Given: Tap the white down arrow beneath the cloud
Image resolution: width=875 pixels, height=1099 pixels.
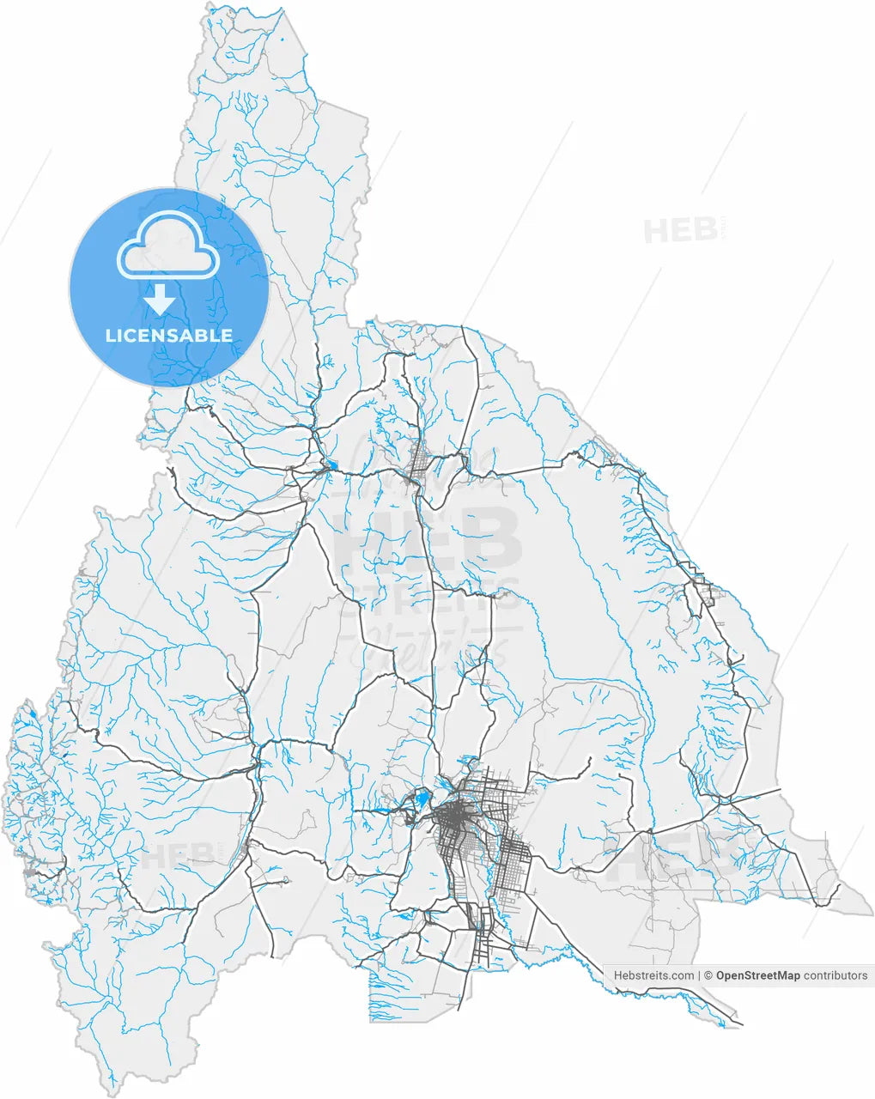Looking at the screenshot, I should pyautogui.click(x=160, y=301).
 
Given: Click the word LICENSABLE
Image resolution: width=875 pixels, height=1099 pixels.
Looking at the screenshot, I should pyautogui.click(x=169, y=336).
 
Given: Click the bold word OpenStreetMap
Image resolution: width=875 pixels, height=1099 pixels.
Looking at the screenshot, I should pyautogui.click(x=758, y=975).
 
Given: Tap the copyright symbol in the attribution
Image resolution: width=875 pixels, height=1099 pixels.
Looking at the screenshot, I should pyautogui.click(x=708, y=975).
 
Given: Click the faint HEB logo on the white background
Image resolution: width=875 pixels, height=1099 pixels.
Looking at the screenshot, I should pyautogui.click(x=681, y=230).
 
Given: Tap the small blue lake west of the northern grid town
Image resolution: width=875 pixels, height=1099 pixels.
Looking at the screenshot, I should pyautogui.click(x=331, y=467).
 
